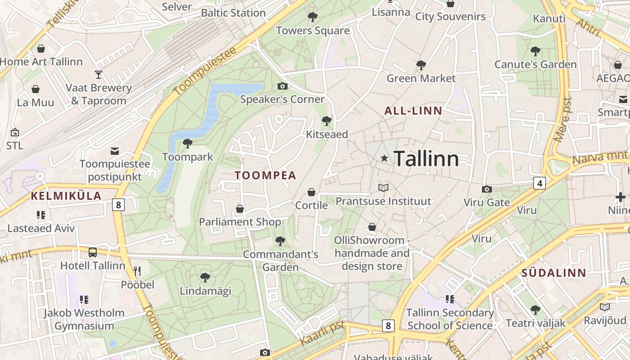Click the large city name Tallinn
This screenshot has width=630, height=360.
click(426, 159)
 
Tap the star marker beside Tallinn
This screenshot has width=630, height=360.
click(384, 158)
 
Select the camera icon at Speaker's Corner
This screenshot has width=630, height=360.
click(283, 86)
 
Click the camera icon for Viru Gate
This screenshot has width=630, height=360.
click(486, 189)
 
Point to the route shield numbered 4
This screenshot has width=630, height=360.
click(540, 183)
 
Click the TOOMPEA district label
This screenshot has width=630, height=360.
click(265, 175)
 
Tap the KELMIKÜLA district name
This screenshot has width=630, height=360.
click(66, 196)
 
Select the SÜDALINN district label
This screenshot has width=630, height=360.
click(554, 273)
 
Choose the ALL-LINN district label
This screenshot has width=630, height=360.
click(413, 111)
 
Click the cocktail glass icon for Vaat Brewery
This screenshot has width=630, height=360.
click(99, 75)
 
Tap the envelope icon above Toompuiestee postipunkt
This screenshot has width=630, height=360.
click(115, 151)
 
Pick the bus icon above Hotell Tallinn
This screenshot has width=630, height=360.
click(93, 252)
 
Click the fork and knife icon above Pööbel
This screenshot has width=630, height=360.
click(137, 271)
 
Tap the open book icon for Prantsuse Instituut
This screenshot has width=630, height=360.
click(383, 188)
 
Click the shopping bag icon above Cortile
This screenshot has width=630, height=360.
click(311, 193)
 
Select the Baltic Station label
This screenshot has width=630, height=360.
click(233, 13)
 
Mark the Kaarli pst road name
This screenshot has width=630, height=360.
click(321, 333)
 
